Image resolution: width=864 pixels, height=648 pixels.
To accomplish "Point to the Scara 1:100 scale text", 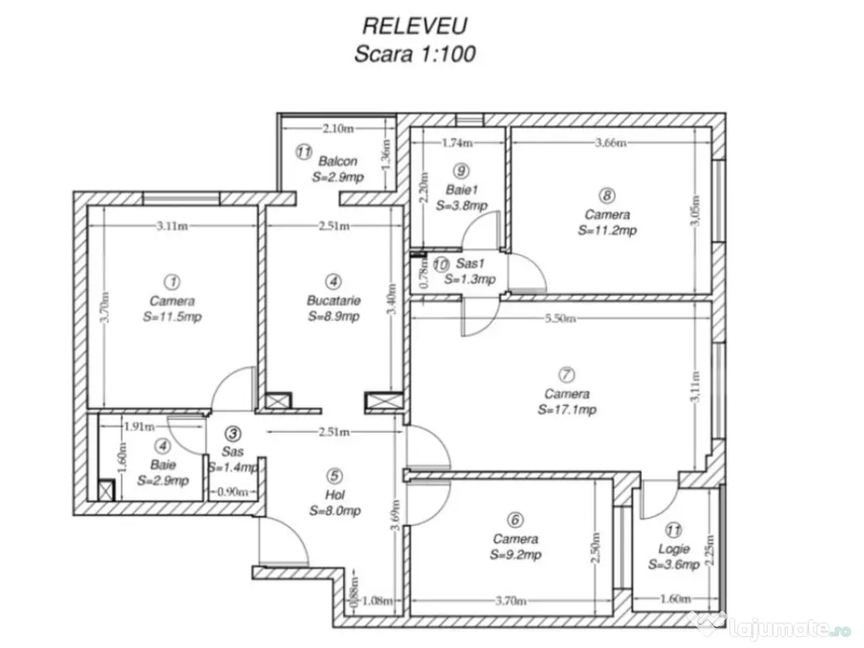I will pos(415,54).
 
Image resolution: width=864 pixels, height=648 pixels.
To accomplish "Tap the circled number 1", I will pos(172,281).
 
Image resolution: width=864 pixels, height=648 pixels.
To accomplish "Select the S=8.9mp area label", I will pos(333,316).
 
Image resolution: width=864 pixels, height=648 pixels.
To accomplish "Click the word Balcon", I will pos(337,161).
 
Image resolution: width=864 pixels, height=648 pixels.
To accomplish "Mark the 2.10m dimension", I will pos(337,128).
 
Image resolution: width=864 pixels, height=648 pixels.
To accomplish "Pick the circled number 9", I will pos(460,169).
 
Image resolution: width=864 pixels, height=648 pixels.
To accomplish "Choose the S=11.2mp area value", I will pos(607,230).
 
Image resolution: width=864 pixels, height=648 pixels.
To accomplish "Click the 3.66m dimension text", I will pos(610,143).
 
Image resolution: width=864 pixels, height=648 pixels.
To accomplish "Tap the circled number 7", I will pos(567,374).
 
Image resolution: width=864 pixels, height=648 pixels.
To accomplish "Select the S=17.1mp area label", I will pos(567,410).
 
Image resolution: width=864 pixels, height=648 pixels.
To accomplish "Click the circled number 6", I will pos(516,520).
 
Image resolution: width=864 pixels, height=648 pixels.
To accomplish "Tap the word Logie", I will pos(674,549).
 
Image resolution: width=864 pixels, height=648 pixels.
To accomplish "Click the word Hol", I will pos(334,494).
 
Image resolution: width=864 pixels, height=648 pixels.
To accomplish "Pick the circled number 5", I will pos(335,475).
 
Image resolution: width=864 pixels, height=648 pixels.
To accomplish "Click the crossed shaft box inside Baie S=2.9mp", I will pos(107,489).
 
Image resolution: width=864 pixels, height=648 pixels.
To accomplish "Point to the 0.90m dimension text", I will pos(233,492).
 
